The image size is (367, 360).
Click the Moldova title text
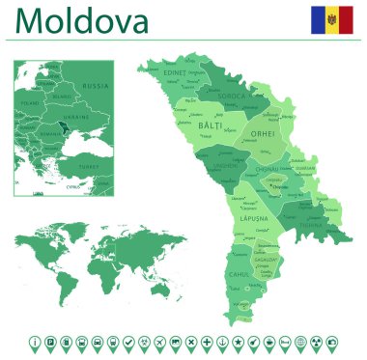tap(82, 20)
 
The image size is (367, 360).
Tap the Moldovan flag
tap(331, 18)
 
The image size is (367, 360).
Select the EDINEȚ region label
tap(175, 72)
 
